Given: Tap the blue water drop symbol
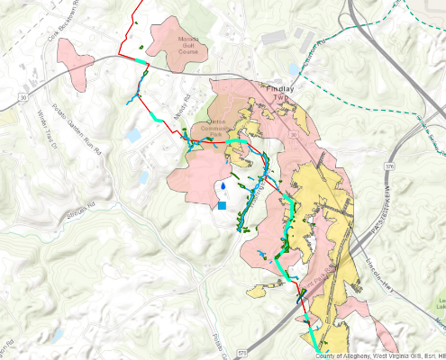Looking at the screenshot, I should click(x=222, y=187).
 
